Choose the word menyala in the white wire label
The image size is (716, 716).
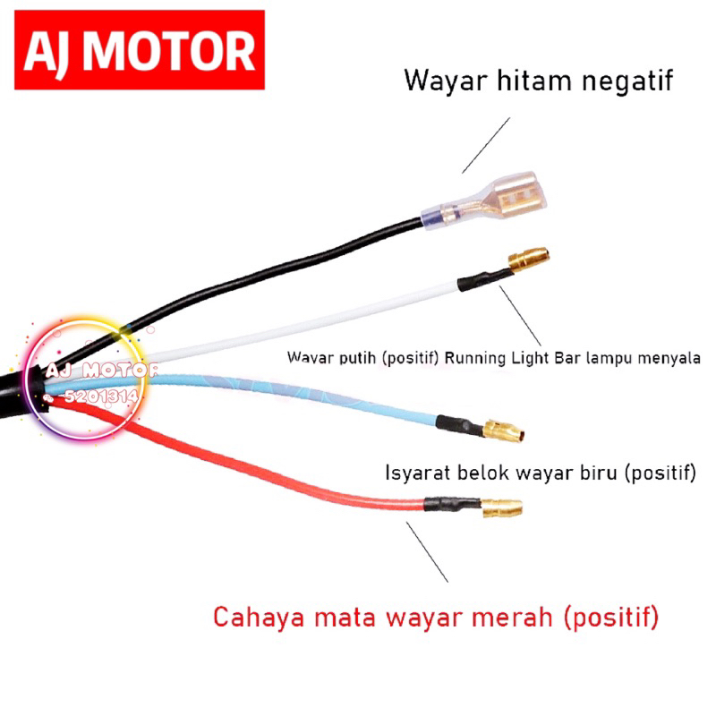[669, 357]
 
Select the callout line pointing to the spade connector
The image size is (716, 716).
[485, 144]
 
